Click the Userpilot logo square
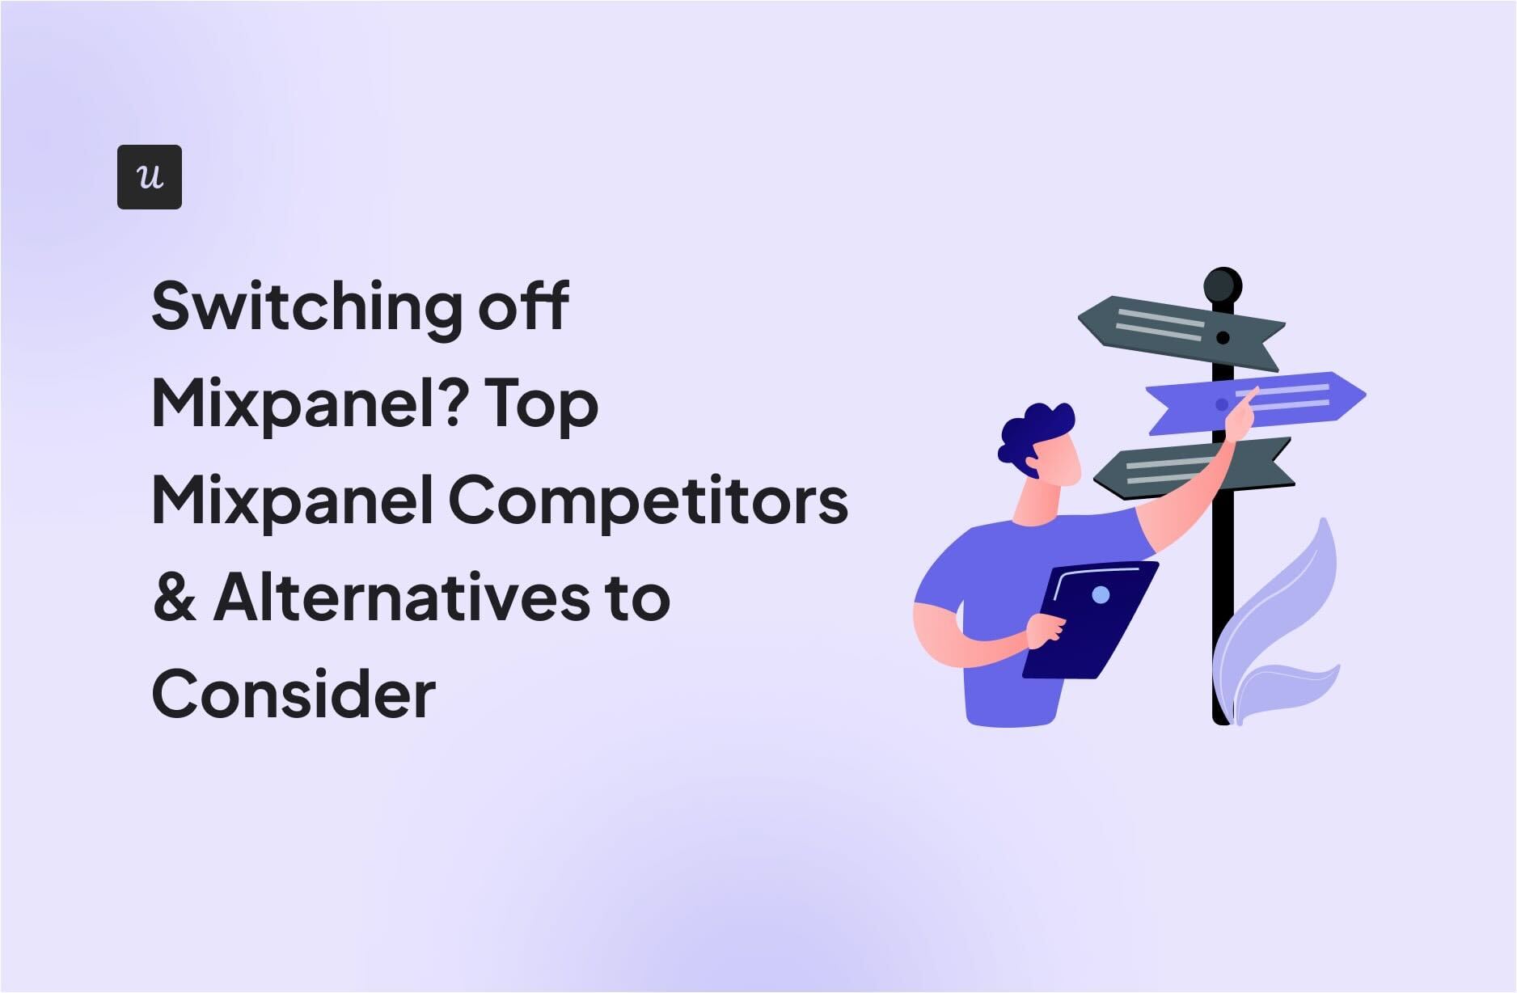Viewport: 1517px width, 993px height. (150, 177)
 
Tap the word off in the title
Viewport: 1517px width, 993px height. (524, 306)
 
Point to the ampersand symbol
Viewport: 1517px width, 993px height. (175, 598)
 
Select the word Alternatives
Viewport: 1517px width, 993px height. (402, 597)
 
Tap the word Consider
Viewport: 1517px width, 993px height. (294, 694)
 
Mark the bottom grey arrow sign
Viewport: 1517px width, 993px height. (1193, 468)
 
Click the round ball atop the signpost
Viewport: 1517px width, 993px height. (1223, 286)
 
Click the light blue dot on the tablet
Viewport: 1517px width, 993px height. (1101, 595)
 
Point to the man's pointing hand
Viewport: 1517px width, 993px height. (1240, 413)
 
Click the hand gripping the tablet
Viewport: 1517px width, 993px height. (1046, 631)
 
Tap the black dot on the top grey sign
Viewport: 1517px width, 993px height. (1223, 337)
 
